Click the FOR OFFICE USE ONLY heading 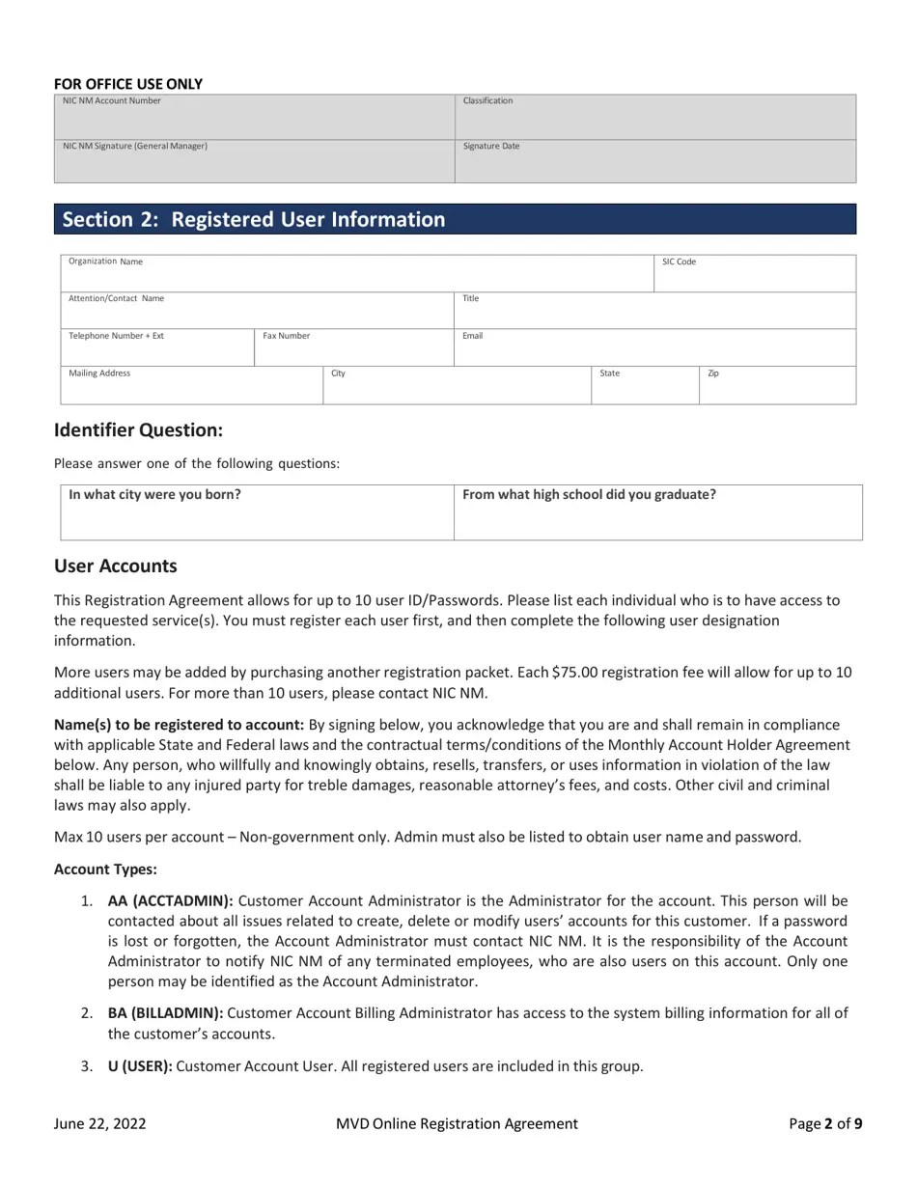tap(128, 84)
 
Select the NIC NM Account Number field tap(254, 118)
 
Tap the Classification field tap(654, 118)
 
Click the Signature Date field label tap(491, 147)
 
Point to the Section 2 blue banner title tap(254, 219)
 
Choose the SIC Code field tap(755, 274)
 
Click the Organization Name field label tap(105, 262)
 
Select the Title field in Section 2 tap(654, 311)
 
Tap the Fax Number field tap(353, 348)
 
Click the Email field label tap(473, 336)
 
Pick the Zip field tap(777, 385)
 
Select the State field tap(644, 385)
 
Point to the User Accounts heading tap(116, 566)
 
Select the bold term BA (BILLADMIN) tap(165, 1013)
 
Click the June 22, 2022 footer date tap(100, 1123)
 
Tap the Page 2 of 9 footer tap(825, 1123)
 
